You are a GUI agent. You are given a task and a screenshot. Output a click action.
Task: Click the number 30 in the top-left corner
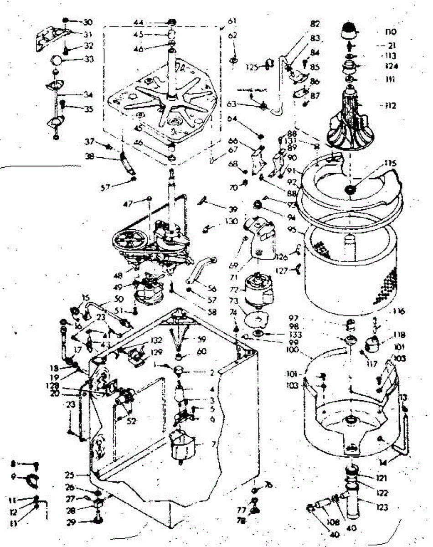point(87,22)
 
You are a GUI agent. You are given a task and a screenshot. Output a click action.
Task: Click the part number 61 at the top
point(232,21)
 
